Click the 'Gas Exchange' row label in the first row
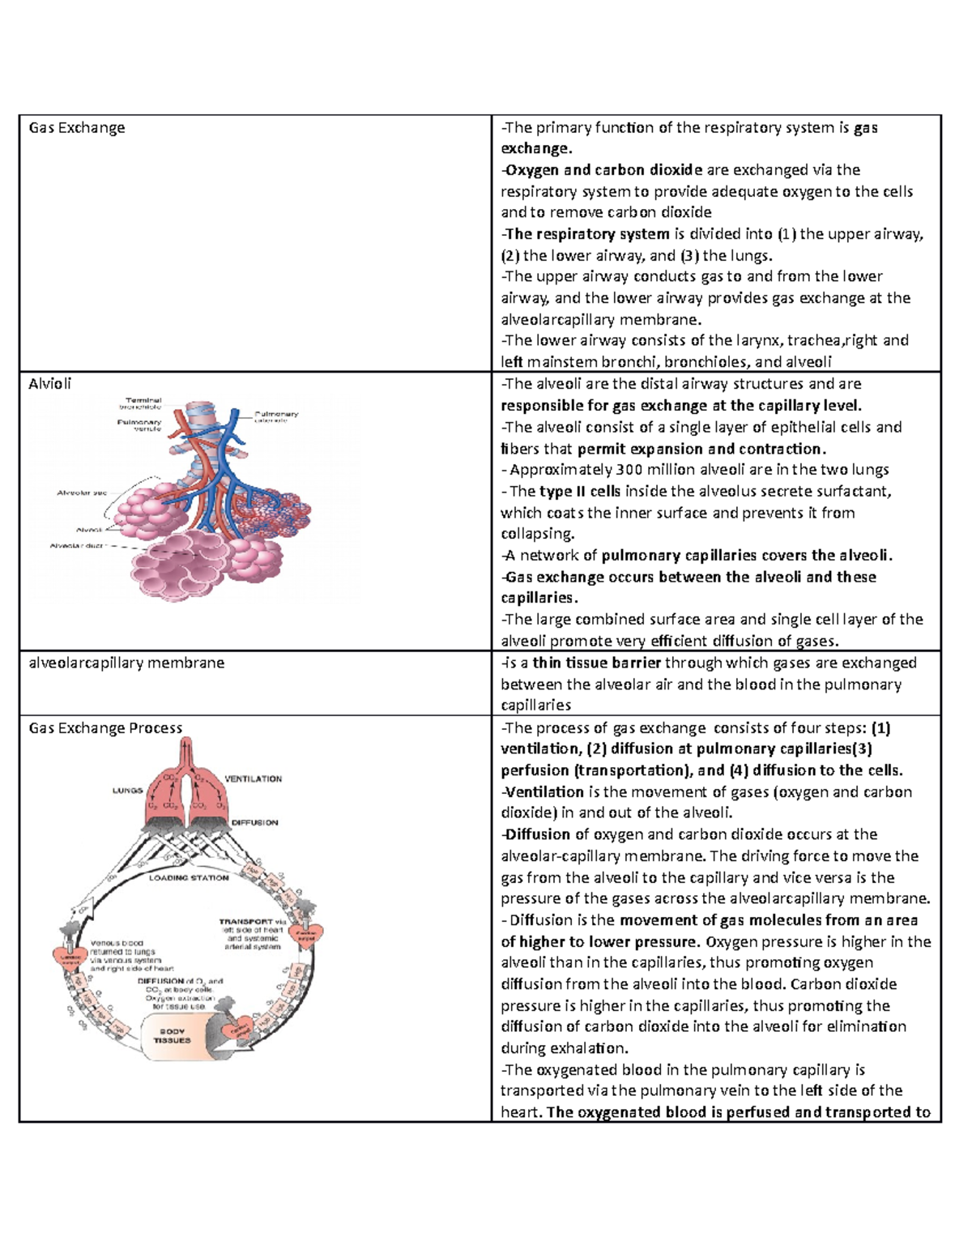coord(77,128)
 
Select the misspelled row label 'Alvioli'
coord(50,384)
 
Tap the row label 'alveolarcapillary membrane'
coord(126,663)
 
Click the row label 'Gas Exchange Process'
coord(105,728)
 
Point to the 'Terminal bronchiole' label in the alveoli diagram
coord(143,403)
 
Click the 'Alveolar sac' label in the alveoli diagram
coord(82,493)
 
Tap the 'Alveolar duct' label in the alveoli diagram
coord(78,546)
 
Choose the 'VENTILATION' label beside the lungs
coord(253,779)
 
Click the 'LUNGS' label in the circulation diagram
coord(127,791)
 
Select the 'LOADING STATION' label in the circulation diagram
coord(189,877)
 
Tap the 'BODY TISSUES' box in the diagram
coord(172,1036)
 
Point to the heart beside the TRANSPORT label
coord(306,934)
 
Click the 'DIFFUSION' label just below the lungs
coord(254,823)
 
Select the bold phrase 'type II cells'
coord(580,492)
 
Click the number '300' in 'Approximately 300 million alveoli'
coord(629,470)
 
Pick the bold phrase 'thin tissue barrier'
coord(597,663)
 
